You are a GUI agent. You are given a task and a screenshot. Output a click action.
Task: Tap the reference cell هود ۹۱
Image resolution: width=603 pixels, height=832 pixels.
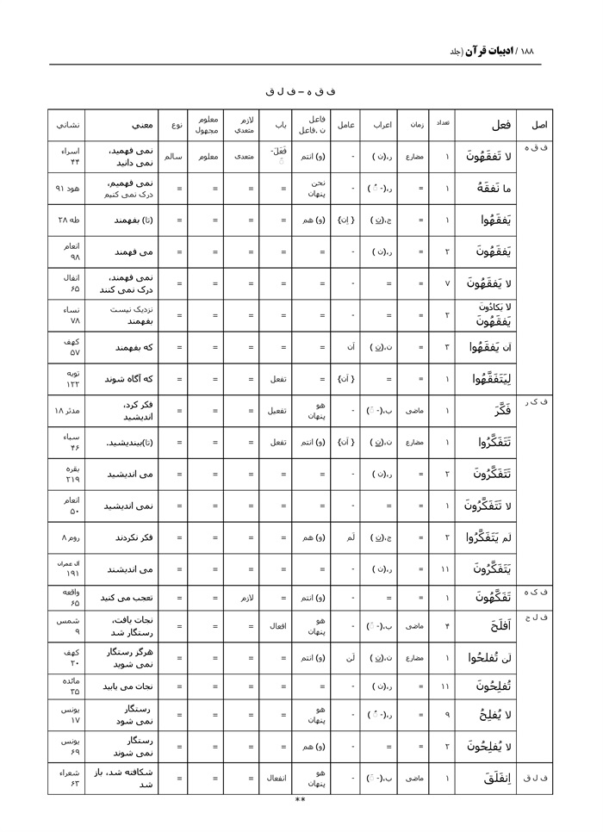tap(66, 188)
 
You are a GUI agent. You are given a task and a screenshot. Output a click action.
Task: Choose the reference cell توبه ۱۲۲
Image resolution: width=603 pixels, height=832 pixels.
tap(66, 380)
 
